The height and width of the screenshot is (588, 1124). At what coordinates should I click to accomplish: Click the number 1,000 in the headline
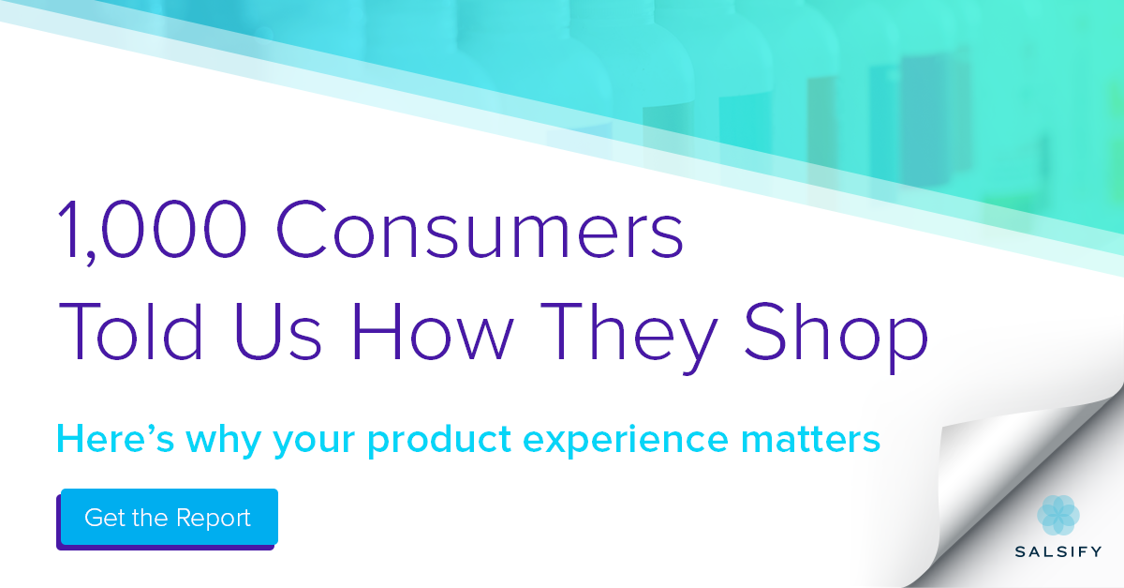[153, 229]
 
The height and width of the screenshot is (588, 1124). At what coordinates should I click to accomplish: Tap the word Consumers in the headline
[480, 229]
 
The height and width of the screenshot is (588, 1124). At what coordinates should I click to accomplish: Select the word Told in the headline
[130, 331]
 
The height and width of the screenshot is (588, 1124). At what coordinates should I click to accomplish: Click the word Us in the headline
[277, 331]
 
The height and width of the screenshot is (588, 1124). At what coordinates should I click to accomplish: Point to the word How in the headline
[433, 331]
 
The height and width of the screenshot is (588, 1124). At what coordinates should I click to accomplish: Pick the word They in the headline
[629, 338]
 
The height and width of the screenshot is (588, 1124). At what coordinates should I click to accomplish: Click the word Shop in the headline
[836, 338]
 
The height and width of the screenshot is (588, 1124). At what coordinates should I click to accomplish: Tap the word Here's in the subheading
[115, 439]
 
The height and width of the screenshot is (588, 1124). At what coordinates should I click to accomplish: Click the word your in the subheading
[314, 444]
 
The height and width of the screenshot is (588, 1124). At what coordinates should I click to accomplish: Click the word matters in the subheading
[810, 439]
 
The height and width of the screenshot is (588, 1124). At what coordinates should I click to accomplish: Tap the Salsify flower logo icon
[1058, 515]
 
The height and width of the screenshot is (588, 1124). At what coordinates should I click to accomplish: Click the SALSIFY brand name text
[1058, 551]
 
